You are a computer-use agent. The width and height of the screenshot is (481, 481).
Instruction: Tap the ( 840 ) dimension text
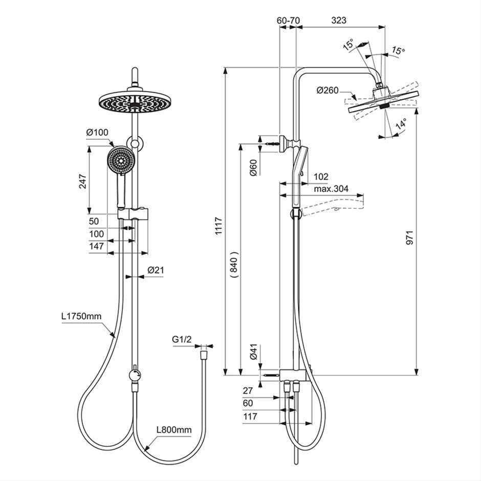[x=233, y=265]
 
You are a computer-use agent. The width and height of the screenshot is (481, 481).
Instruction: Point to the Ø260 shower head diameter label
[x=327, y=91]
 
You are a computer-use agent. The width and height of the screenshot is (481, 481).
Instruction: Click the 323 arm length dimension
[x=339, y=20]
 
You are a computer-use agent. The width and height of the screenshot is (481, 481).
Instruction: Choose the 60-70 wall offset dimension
[x=288, y=20]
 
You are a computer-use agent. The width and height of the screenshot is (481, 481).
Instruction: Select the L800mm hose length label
[x=174, y=430]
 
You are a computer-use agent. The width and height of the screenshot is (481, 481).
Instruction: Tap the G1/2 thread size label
[x=182, y=339]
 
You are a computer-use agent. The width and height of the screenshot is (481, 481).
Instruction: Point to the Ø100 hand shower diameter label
[x=97, y=133]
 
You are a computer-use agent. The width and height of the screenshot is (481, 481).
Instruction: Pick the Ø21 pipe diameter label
[x=155, y=270]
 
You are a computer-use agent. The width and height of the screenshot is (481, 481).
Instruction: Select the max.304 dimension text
[x=331, y=189]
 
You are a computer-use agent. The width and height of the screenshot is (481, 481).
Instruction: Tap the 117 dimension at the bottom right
[x=251, y=417]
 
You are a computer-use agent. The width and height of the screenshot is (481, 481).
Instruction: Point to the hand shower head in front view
[x=121, y=160]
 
